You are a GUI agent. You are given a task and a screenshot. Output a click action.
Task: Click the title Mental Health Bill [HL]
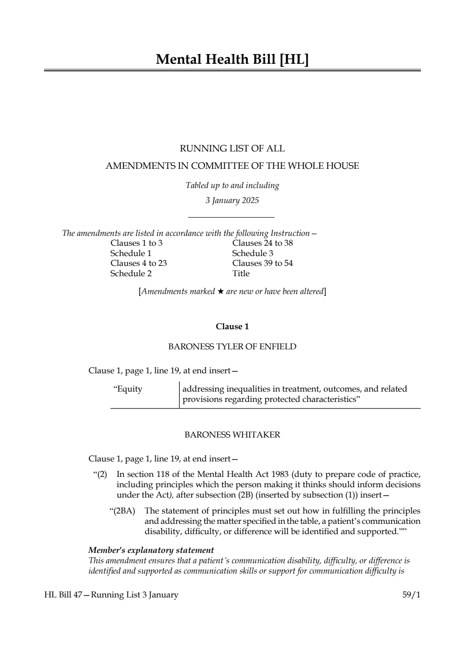[x=232, y=60]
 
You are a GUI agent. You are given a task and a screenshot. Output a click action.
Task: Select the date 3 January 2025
[x=232, y=201]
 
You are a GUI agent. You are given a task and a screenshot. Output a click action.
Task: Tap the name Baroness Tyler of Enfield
[x=232, y=347]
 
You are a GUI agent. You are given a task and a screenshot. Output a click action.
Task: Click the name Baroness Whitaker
[x=232, y=435]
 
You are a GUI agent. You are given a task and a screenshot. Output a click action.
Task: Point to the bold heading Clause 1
[x=232, y=326]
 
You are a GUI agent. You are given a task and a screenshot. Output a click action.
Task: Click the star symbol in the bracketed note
[x=220, y=292]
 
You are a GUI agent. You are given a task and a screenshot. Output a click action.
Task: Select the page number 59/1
[x=412, y=595]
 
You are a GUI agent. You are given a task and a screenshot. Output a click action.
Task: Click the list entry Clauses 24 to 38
[x=262, y=243]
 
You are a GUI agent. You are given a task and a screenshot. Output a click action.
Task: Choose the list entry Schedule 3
[x=252, y=253]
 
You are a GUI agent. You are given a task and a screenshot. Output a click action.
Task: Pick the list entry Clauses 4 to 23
[x=138, y=263]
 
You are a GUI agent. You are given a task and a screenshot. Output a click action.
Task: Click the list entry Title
[x=241, y=273]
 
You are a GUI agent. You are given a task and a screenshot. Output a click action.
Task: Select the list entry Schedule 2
[x=131, y=273]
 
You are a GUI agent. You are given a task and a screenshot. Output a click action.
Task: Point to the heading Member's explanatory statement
[x=151, y=550]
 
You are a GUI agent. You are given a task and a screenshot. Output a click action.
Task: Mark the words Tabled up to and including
[x=232, y=186]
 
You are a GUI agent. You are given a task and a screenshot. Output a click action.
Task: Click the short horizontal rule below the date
[x=231, y=217]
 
